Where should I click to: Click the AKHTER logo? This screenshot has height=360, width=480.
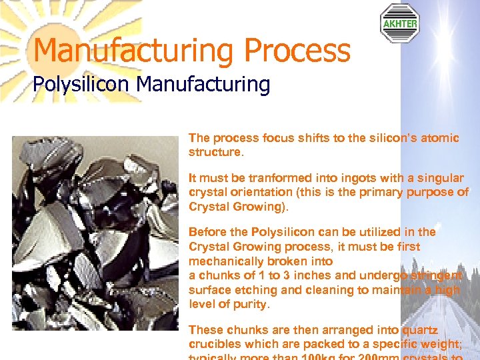pyautogui.click(x=399, y=23)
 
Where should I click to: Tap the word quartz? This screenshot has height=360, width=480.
pyautogui.click(x=420, y=330)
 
